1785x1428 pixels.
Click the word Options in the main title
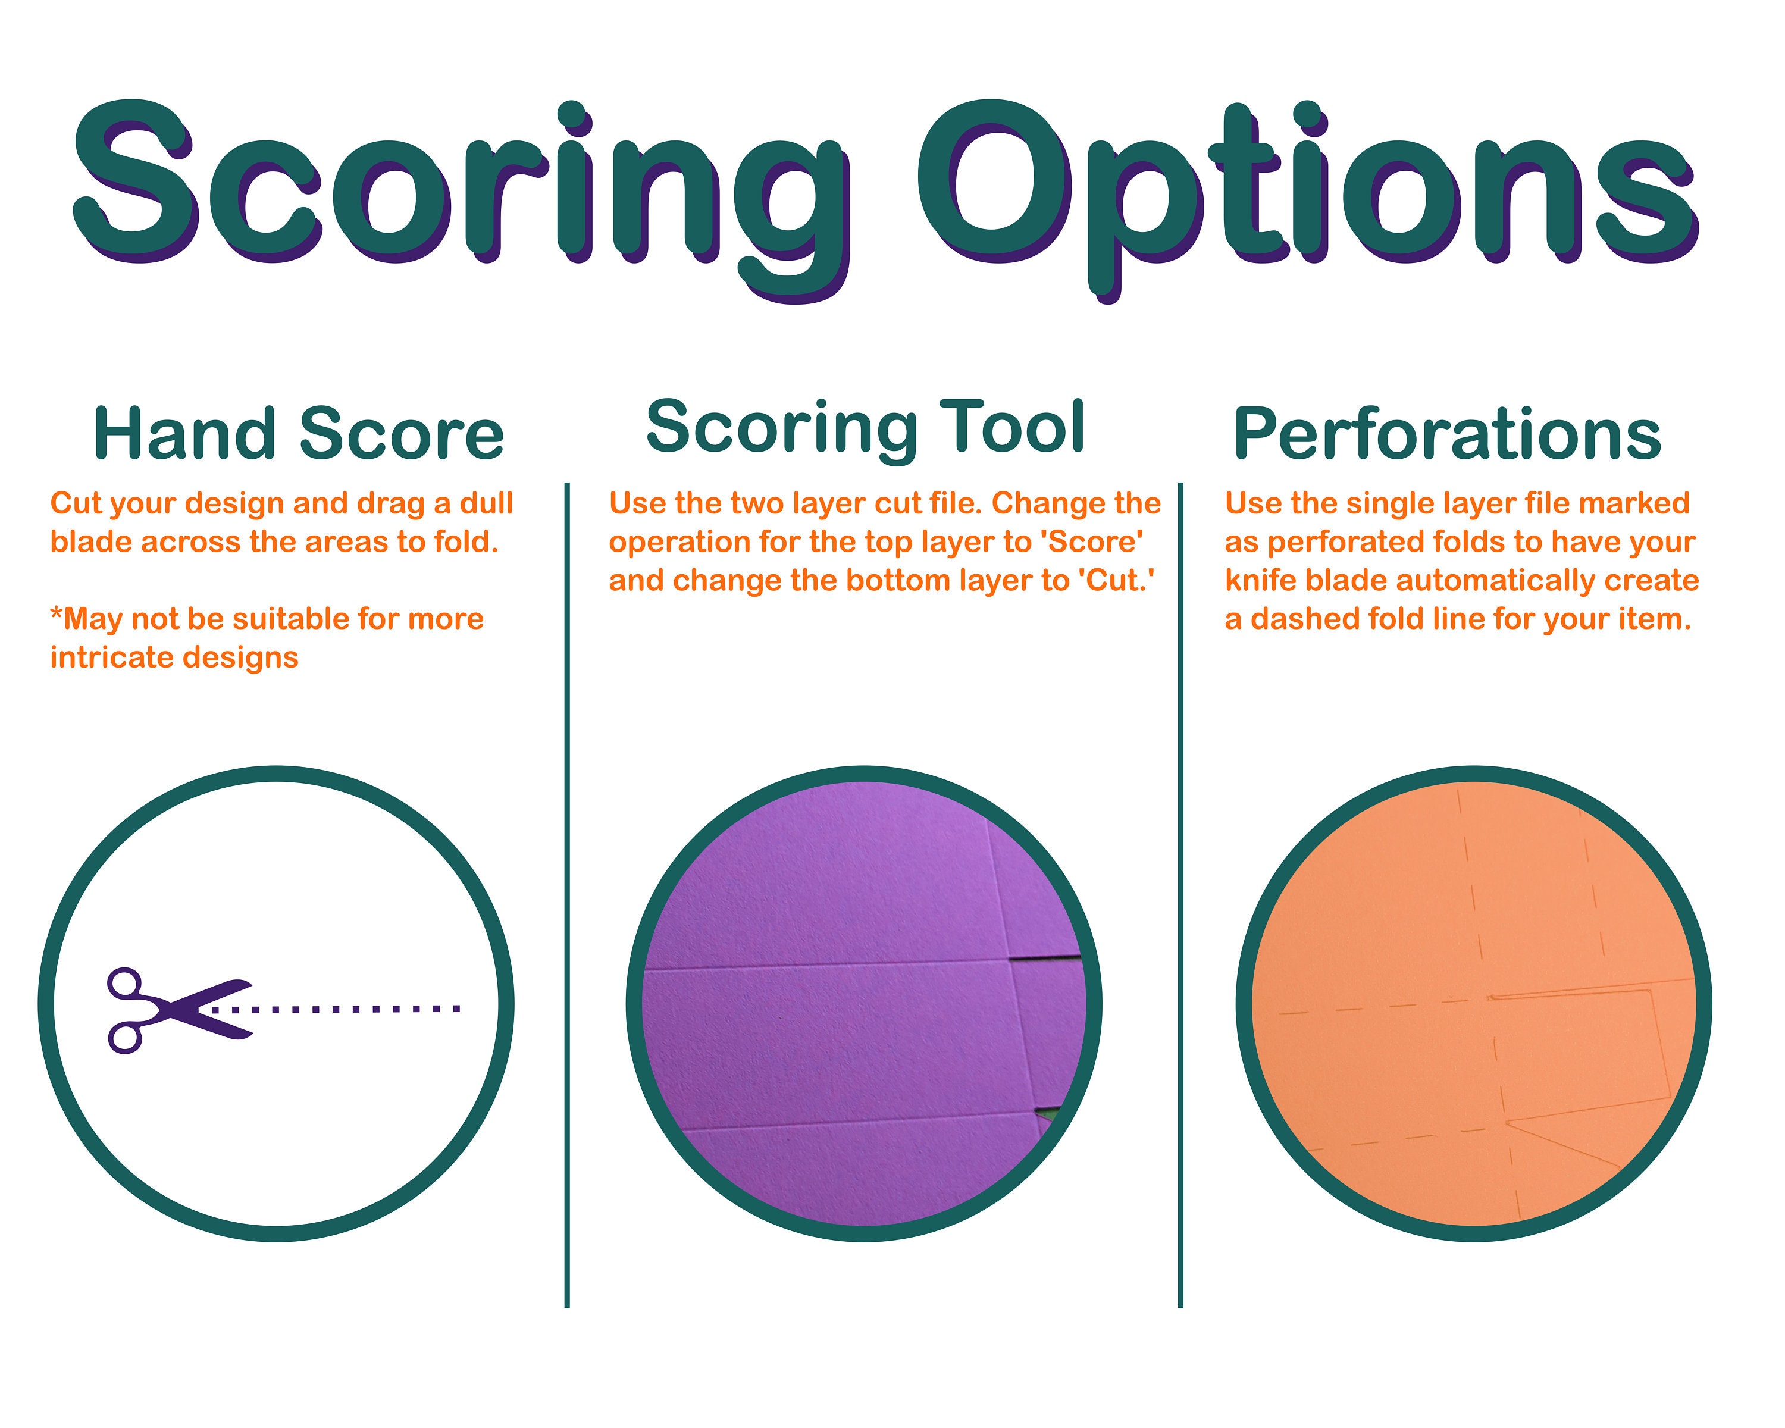pyautogui.click(x=1308, y=199)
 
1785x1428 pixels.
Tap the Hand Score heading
pyautogui.click(x=298, y=433)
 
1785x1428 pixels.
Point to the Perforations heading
pyautogui.click(x=1447, y=433)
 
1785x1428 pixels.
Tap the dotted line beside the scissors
pyautogui.click(x=336, y=1009)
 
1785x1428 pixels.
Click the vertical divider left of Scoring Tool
pyautogui.click(x=567, y=895)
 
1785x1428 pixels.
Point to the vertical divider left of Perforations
pyautogui.click(x=1180, y=895)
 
